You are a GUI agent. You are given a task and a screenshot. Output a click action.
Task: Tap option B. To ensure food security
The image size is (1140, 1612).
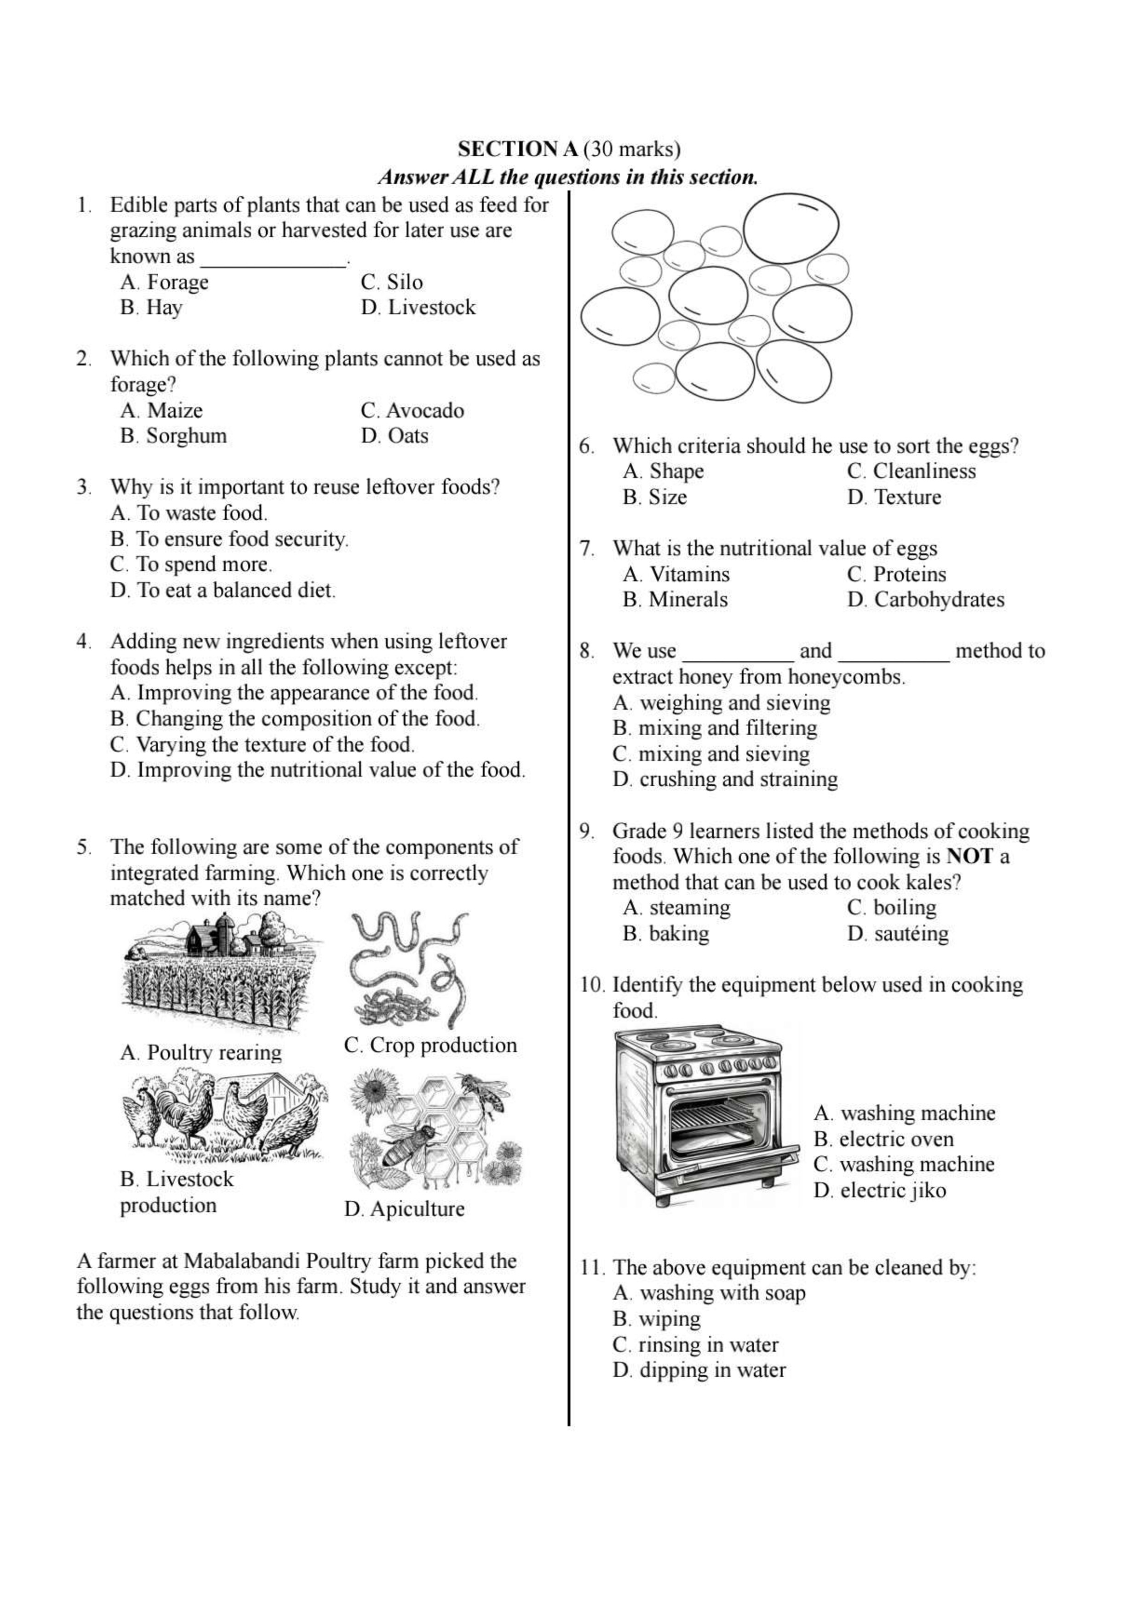pyautogui.click(x=229, y=539)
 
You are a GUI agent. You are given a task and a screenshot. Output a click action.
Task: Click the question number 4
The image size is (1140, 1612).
pyautogui.click(x=84, y=641)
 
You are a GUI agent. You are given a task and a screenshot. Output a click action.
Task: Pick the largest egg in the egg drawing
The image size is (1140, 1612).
pyautogui.click(x=791, y=228)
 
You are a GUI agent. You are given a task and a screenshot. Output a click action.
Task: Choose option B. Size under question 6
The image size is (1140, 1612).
pyautogui.click(x=655, y=497)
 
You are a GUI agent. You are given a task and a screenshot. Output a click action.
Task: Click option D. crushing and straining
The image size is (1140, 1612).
pyautogui.click(x=725, y=779)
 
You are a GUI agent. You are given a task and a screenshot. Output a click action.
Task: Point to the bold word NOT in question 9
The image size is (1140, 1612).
pyautogui.click(x=969, y=857)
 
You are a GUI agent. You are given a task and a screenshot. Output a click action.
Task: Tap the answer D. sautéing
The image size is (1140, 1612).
pyautogui.click(x=898, y=934)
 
